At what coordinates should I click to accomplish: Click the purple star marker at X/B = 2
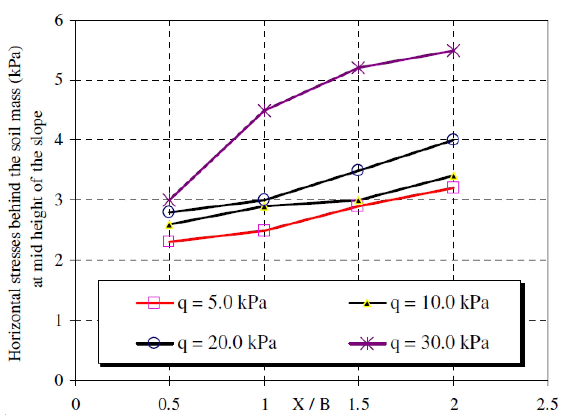[454, 51]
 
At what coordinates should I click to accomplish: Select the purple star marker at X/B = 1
[264, 111]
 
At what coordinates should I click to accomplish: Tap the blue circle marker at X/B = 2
[453, 139]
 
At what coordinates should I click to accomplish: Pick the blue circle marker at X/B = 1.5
[358, 170]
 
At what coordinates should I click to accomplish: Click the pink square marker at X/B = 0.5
[168, 241]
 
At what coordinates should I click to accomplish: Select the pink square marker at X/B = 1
[264, 230]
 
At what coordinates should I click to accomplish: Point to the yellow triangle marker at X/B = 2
[454, 176]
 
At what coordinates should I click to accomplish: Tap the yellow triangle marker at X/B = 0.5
[169, 225]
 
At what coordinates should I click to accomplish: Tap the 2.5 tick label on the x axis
[547, 404]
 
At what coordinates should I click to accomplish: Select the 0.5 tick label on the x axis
[169, 404]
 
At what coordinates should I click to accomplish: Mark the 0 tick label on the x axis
[75, 404]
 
